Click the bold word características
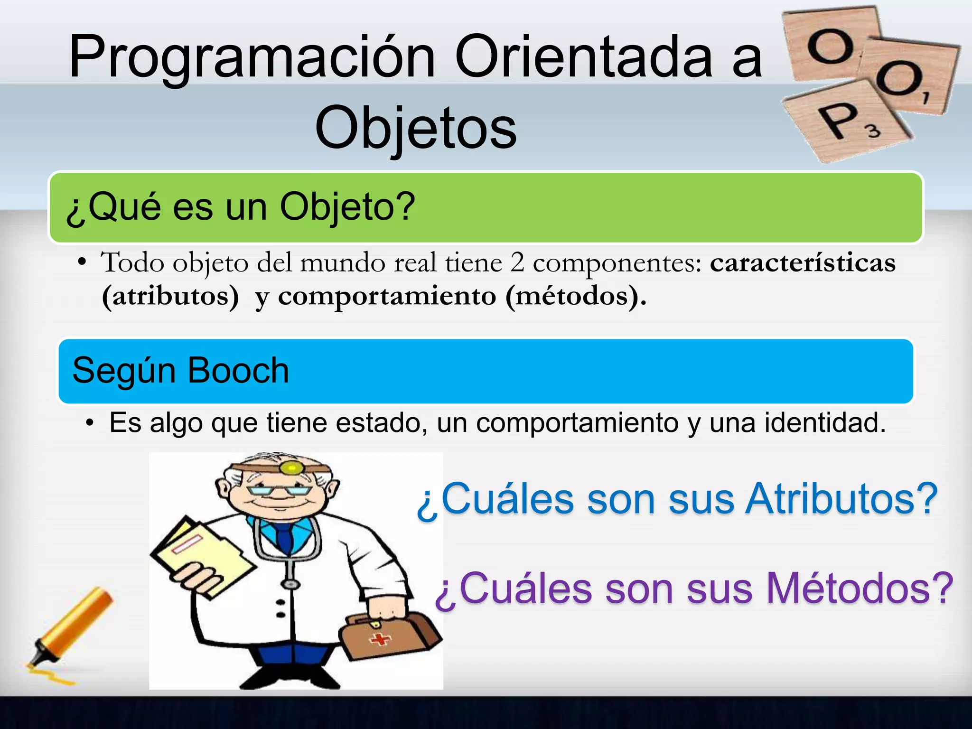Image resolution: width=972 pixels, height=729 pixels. tap(803, 263)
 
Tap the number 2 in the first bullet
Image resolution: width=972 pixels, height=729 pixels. tap(517, 263)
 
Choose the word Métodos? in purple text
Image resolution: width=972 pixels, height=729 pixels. tap(860, 589)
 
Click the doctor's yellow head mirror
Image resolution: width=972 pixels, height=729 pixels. tap(291, 469)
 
